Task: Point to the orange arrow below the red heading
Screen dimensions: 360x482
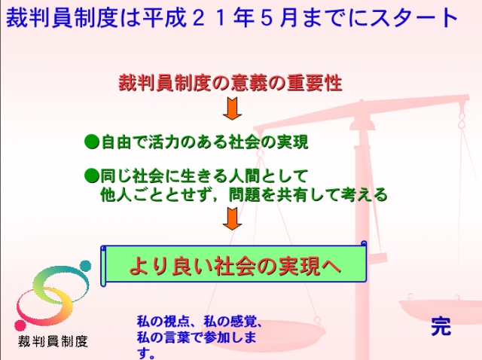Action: [232, 111]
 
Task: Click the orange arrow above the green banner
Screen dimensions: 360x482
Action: [232, 218]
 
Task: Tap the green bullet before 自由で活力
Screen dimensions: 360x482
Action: [92, 140]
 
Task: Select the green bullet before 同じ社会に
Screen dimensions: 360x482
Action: [92, 176]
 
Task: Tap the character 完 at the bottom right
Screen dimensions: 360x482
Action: [441, 325]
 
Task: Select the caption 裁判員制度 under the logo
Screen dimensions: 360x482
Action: [52, 341]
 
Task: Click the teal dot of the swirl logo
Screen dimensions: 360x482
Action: [84, 267]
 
